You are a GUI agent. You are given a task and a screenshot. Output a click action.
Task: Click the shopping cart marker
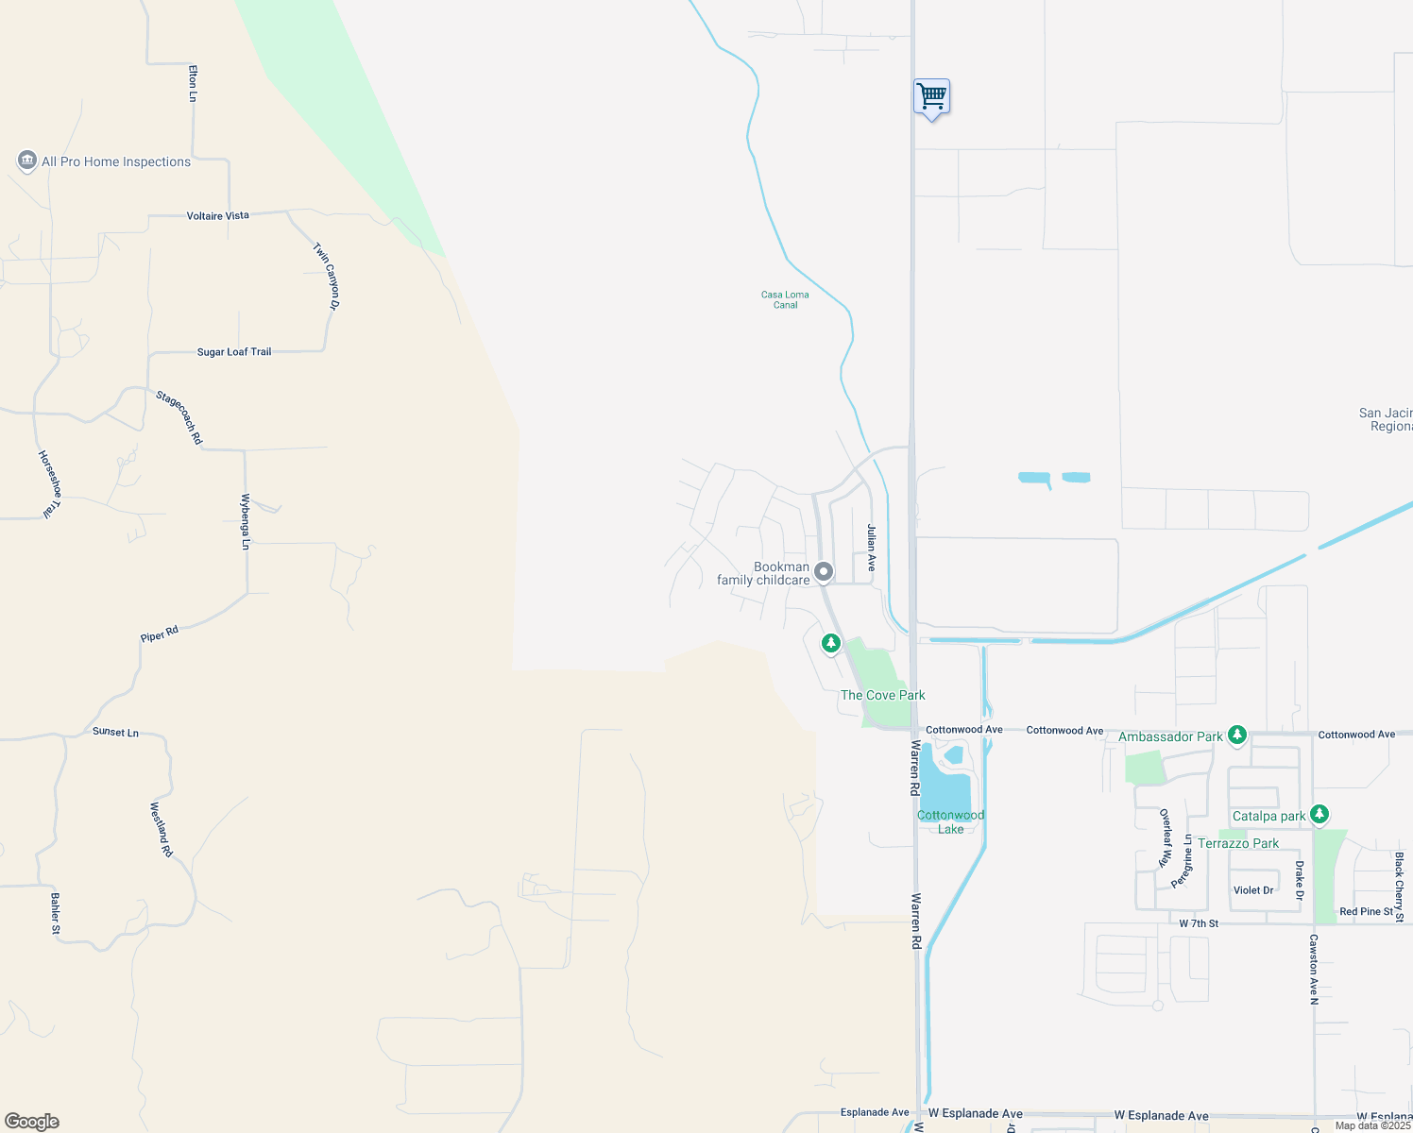931,96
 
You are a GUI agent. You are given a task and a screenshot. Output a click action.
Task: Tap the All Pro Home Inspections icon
26,161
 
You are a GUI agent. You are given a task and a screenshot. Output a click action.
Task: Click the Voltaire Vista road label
218,216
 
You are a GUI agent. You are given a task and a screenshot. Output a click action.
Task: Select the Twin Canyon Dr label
327,276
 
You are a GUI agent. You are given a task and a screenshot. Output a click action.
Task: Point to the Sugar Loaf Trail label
234,352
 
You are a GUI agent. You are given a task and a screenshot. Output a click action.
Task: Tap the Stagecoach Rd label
179,417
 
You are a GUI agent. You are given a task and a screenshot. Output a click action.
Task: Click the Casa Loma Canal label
785,299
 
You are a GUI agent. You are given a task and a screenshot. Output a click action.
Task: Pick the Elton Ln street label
193,83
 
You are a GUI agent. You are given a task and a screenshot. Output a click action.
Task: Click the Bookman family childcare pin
824,571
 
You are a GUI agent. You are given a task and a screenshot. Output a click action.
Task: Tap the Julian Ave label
871,549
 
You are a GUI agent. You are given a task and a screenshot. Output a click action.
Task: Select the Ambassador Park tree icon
1236,735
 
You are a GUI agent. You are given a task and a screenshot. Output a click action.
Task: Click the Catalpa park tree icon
1319,814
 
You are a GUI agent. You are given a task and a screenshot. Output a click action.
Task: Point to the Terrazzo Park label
1238,843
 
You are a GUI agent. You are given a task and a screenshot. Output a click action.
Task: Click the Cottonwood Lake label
951,821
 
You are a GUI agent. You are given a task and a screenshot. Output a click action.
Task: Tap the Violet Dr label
1253,890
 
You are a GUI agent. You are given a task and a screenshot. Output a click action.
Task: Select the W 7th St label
1199,923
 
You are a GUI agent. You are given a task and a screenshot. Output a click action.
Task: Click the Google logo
32,1122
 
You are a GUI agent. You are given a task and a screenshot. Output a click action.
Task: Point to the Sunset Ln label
115,732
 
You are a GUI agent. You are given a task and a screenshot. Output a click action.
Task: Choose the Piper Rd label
159,634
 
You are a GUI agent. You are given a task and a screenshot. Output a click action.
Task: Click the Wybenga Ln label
246,521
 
